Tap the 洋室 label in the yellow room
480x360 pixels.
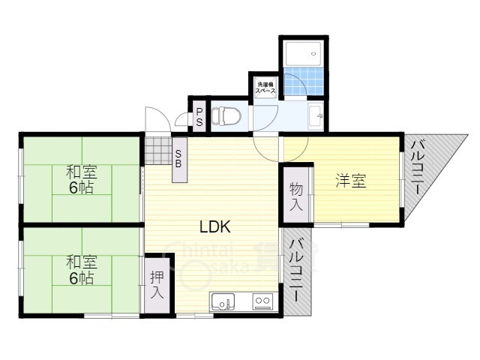point(350,181)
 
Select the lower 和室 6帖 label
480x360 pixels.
point(79,270)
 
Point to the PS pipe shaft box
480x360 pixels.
point(199,118)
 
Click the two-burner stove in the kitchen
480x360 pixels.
point(262,302)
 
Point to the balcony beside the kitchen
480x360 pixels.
point(297,270)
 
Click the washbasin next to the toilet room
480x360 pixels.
point(316,116)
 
